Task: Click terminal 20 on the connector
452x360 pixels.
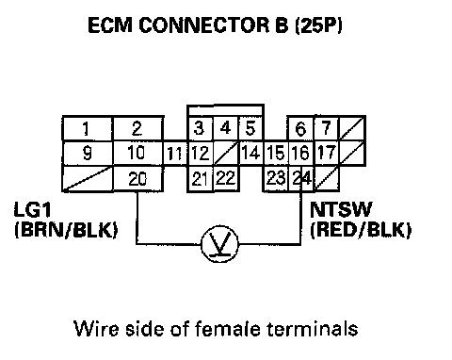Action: coord(137,179)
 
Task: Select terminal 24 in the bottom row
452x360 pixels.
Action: coord(301,178)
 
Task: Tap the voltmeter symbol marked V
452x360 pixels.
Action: coord(219,244)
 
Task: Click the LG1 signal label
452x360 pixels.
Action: coord(32,209)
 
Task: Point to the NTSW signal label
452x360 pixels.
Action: coord(341,209)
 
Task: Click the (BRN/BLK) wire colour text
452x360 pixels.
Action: coord(66,230)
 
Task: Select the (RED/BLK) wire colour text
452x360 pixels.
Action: coord(361,230)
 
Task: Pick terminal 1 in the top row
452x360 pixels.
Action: coord(88,128)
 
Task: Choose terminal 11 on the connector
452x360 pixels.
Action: coord(175,154)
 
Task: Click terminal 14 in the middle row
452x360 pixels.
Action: coord(251,154)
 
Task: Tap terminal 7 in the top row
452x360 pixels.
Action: coord(327,128)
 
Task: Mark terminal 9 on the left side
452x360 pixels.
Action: coord(88,154)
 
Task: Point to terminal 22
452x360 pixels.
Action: coord(226,178)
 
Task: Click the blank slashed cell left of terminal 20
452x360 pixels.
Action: coord(88,179)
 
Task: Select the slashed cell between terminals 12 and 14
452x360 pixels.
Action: coord(226,154)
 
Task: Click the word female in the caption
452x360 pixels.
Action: coord(228,329)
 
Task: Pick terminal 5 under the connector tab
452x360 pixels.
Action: coord(250,128)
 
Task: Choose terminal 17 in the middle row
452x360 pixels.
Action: coord(327,154)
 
